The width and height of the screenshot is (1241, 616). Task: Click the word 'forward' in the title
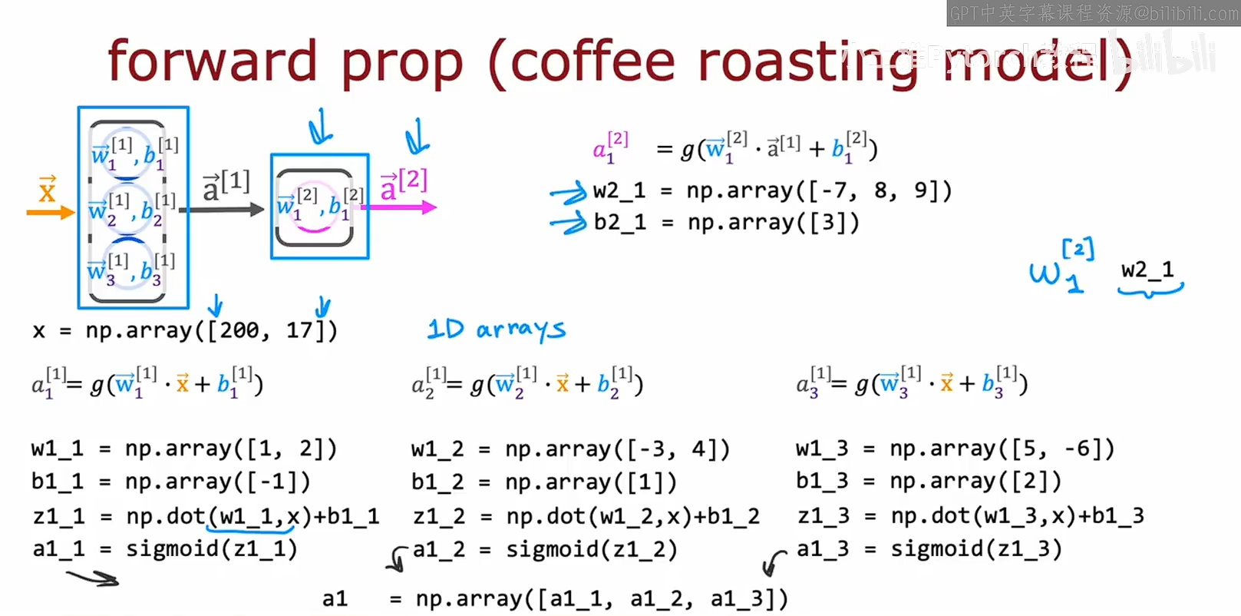point(212,61)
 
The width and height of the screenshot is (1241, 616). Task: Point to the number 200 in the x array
point(239,330)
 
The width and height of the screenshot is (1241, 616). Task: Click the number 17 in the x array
point(300,330)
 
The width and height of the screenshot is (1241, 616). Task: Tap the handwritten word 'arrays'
point(521,330)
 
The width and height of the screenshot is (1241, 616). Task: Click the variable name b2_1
point(619,223)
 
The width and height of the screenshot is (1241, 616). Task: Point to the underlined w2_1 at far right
point(1147,270)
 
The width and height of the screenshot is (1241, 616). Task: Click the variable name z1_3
point(823,516)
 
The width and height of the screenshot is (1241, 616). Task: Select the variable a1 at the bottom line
point(335,598)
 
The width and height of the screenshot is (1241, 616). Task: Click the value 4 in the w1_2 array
point(699,449)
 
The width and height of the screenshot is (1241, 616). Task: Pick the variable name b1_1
point(58,482)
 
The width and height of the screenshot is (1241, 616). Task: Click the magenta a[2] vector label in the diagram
point(404,184)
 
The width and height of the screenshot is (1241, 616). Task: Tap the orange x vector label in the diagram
point(48,189)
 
